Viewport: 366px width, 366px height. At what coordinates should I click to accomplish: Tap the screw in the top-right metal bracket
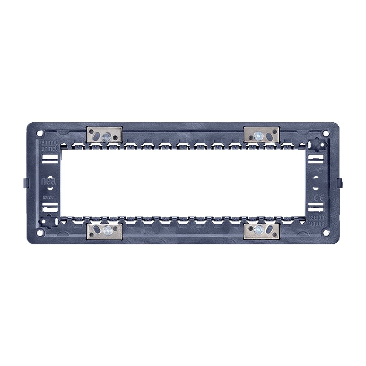(258, 135)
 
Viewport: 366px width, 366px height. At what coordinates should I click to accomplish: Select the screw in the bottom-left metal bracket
(107, 229)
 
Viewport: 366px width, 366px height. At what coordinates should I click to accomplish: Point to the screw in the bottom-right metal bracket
(259, 229)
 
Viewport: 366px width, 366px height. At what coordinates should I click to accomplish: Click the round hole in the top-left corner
(39, 133)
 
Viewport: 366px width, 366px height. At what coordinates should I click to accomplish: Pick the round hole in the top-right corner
(326, 133)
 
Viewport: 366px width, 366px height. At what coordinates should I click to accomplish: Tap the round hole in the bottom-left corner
(39, 232)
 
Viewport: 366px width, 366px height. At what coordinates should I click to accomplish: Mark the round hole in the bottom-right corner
(326, 232)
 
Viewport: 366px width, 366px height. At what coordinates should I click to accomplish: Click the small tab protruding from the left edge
(24, 182)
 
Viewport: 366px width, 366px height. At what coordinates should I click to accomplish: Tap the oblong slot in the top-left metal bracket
(96, 135)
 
